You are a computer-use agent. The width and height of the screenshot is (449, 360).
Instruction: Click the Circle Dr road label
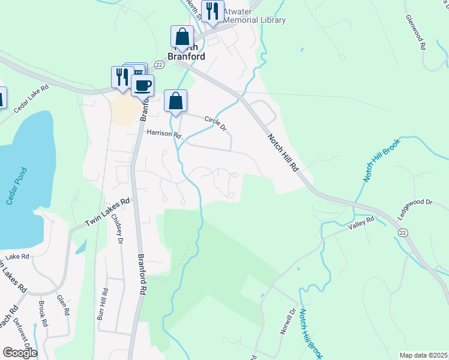(215, 123)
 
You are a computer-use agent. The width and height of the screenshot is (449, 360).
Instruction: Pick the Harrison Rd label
(164, 135)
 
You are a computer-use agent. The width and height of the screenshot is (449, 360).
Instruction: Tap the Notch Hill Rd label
(282, 154)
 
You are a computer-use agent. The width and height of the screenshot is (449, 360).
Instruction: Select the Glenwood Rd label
(415, 32)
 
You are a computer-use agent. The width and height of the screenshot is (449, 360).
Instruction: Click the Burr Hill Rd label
(104, 304)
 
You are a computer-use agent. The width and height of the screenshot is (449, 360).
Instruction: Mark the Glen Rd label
(62, 305)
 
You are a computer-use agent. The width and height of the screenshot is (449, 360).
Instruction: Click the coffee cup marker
(142, 85)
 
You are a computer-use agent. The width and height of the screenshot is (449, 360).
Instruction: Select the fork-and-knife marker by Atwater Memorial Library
(212, 11)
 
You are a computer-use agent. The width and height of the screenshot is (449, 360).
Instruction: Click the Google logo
(19, 353)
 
